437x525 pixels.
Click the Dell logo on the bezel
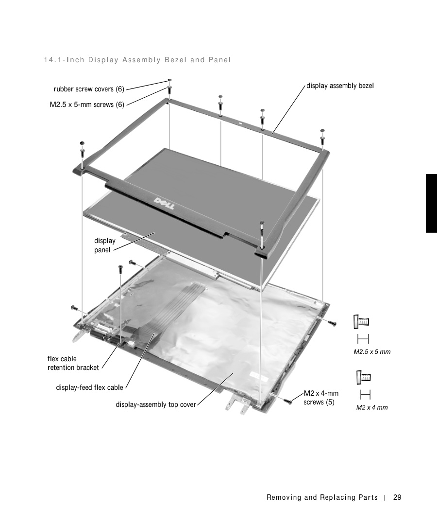pyautogui.click(x=164, y=203)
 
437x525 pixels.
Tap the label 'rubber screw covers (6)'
pyautogui.click(x=89, y=89)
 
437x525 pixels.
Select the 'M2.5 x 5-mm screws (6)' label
pyautogui.click(x=87, y=105)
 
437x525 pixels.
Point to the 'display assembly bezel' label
pyautogui.click(x=340, y=86)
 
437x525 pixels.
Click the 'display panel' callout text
pyautogui.click(x=105, y=245)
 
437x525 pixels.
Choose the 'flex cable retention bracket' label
pyautogui.click(x=73, y=363)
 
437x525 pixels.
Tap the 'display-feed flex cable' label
pyautogui.click(x=90, y=387)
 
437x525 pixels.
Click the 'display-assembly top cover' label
pyautogui.click(x=156, y=404)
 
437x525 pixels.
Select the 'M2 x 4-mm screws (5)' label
pyautogui.click(x=321, y=398)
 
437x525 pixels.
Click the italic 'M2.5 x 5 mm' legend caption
pyautogui.click(x=372, y=352)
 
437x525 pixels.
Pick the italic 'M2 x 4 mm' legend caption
pyautogui.click(x=372, y=407)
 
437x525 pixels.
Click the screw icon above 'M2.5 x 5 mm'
pyautogui.click(x=361, y=322)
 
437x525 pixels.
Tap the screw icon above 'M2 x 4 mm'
pyautogui.click(x=364, y=377)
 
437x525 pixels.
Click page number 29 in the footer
pyautogui.click(x=397, y=497)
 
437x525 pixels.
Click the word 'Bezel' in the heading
pyautogui.click(x=174, y=60)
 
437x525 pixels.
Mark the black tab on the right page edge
pyautogui.click(x=431, y=203)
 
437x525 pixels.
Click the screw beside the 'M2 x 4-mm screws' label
pyautogui.click(x=287, y=401)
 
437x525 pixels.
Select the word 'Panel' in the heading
pyautogui.click(x=219, y=60)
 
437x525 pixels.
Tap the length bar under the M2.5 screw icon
pyautogui.click(x=363, y=339)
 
